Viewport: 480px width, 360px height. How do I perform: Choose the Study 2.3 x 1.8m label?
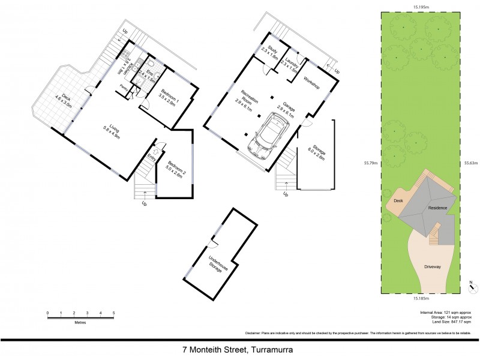coord(272,52)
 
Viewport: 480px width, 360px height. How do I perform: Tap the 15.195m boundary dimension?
coord(424,7)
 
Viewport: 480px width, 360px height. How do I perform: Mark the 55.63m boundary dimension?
coord(472,162)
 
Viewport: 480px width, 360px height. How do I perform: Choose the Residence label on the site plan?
coord(438,208)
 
